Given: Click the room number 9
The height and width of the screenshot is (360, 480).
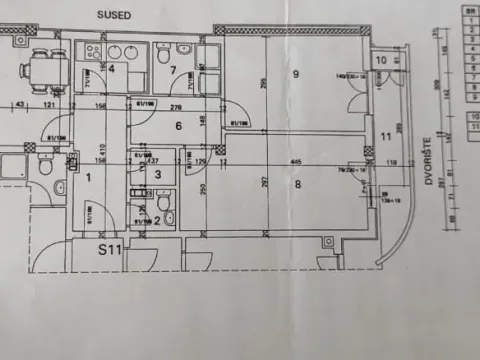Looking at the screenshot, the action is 296,74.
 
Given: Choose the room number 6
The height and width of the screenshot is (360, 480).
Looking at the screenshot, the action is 178,126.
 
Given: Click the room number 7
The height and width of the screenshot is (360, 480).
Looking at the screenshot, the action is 172,70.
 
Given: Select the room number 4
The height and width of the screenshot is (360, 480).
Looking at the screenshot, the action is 112,69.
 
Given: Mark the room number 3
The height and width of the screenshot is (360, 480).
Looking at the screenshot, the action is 157,174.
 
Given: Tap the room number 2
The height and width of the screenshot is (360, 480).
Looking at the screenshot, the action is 156,219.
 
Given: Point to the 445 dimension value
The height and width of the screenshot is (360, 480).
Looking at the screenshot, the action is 297,161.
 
